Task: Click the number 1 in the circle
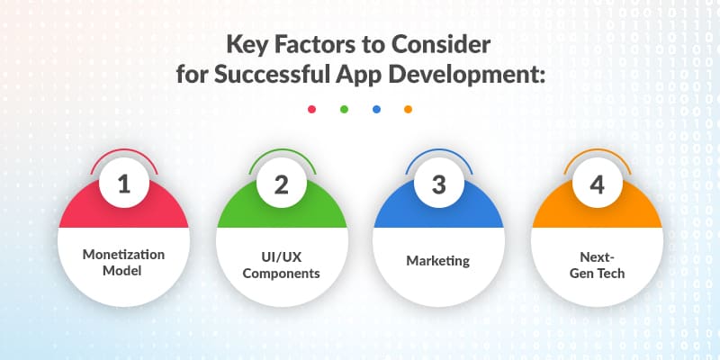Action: (124, 184)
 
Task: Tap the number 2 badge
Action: (281, 184)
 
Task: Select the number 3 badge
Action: (438, 184)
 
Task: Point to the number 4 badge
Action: (596, 184)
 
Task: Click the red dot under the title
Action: (311, 110)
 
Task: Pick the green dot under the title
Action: (344, 110)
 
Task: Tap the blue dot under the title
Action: (376, 110)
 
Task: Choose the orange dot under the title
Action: (409, 110)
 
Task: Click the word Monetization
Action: (124, 253)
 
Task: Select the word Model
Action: (124, 271)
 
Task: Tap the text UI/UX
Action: (281, 253)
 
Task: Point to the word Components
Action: (281, 271)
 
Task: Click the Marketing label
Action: (438, 261)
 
